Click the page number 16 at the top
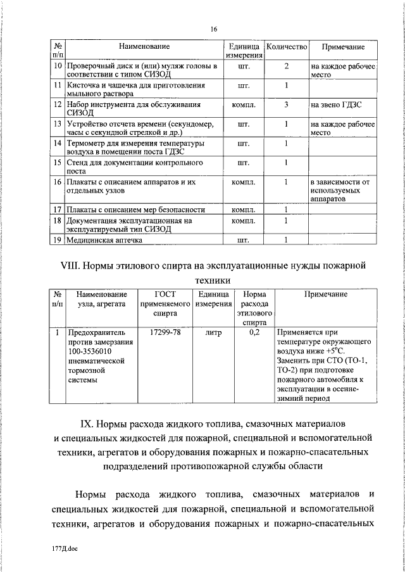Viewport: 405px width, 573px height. [x=214, y=30]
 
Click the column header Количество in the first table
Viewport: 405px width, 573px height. [x=287, y=47]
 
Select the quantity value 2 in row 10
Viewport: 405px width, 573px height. [x=287, y=66]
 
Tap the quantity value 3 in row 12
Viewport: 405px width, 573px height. [x=287, y=104]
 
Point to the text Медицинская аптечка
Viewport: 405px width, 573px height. [x=105, y=240]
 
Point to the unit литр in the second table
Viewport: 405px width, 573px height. [x=211, y=332]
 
